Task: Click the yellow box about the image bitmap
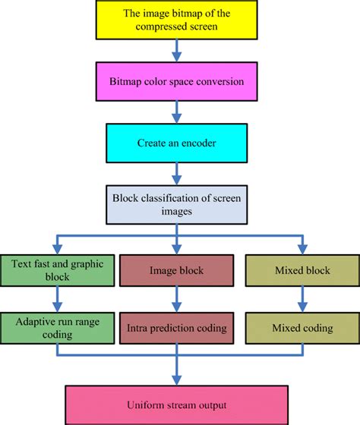coord(177,20)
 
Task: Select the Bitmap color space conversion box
coord(177,82)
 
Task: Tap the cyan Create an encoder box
coord(177,143)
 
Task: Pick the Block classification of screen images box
coord(177,205)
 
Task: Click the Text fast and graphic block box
coord(57,270)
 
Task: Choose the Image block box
coord(177,270)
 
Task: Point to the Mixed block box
coord(302,270)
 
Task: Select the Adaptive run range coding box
coord(57,328)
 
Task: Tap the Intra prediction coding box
coord(177,328)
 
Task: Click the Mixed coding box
coord(302,328)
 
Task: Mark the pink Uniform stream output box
coord(177,405)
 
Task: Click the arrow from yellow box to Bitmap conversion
coord(177,51)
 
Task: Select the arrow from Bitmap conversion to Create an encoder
coord(177,112)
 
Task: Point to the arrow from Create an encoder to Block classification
coord(177,174)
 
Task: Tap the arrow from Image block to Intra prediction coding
coord(177,299)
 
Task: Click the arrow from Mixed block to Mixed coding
coord(302,299)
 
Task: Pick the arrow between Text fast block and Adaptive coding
coord(57,299)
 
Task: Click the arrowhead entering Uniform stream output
coord(177,380)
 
